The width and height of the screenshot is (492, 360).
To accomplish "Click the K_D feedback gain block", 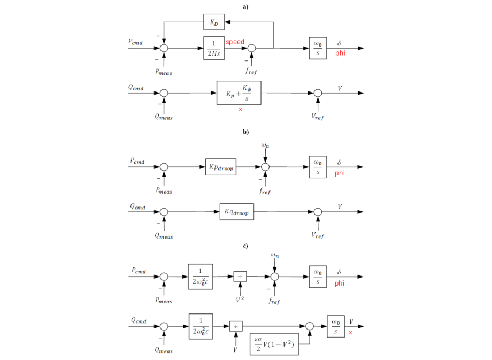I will pyautogui.click(x=214, y=22).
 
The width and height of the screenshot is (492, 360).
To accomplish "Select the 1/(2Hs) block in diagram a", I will pyautogui.click(x=214, y=48).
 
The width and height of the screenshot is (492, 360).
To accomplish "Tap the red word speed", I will pyautogui.click(x=235, y=42).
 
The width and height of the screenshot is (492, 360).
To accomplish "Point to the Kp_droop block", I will pyautogui.click(x=221, y=167).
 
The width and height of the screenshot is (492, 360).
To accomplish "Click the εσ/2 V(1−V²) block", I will pyautogui.click(x=274, y=343).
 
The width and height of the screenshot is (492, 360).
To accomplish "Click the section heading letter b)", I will pyautogui.click(x=245, y=131).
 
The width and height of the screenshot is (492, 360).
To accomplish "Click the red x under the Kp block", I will pyautogui.click(x=240, y=109).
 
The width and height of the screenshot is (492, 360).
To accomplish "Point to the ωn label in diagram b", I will pyautogui.click(x=266, y=145).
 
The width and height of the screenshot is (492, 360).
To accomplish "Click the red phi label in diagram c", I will pyautogui.click(x=340, y=284).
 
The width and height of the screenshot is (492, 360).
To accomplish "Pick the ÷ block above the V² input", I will pyautogui.click(x=240, y=277).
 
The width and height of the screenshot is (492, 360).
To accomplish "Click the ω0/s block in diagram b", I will pyautogui.click(x=318, y=167).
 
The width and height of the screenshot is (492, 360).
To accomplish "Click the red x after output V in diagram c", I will pyautogui.click(x=350, y=333).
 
